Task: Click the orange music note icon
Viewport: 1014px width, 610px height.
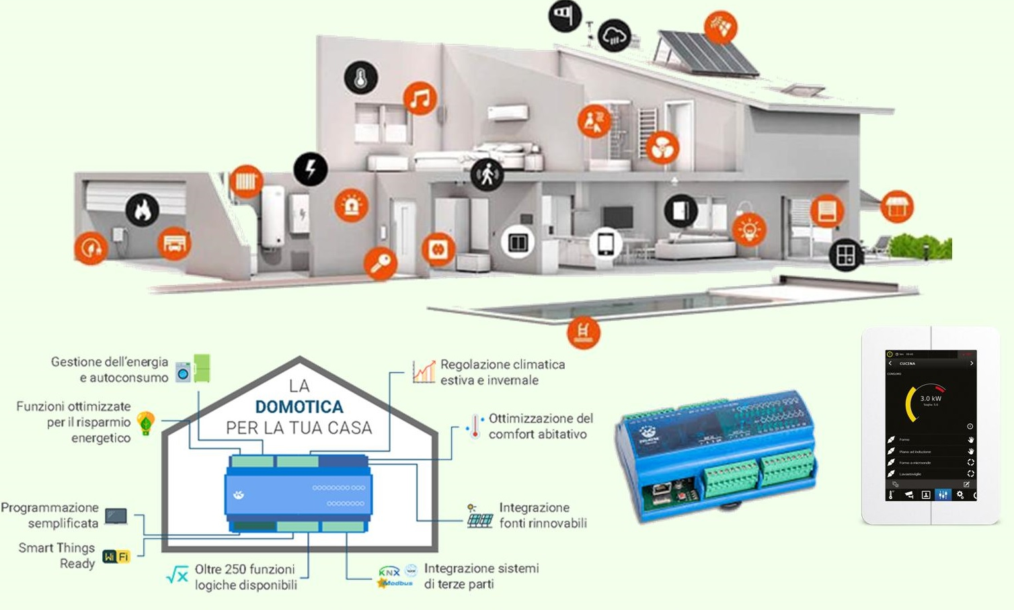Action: [x=420, y=99]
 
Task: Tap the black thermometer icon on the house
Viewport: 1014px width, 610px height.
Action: [x=361, y=78]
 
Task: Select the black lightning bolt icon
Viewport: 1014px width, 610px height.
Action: [x=311, y=169]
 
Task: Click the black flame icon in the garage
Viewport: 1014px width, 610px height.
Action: [x=143, y=210]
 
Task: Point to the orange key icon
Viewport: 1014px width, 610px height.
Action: [x=381, y=263]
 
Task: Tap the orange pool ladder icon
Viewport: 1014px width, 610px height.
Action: [x=583, y=332]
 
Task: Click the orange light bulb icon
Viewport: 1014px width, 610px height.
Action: [x=749, y=230]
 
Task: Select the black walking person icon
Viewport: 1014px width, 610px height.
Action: [x=487, y=175]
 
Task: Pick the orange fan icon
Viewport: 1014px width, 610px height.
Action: [x=662, y=148]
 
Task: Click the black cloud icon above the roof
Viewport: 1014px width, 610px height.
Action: [x=615, y=36]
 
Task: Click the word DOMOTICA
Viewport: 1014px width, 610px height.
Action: [x=299, y=406]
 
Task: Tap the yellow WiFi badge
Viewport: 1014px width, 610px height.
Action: [x=116, y=556]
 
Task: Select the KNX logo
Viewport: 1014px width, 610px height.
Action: [x=389, y=571]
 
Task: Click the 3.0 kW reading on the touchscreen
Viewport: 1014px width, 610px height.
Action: [x=931, y=398]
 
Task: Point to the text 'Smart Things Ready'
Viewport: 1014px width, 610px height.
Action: [x=57, y=556]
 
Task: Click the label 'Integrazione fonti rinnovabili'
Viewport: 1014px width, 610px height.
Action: [x=542, y=515]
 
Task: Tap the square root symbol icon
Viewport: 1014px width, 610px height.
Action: [x=177, y=574]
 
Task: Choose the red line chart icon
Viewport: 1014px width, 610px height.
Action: [x=424, y=372]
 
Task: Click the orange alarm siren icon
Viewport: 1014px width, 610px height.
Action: [x=351, y=206]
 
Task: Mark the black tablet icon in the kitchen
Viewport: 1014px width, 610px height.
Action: [x=606, y=243]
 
